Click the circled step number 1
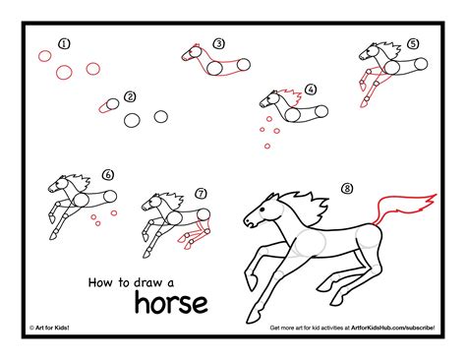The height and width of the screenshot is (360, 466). click(x=65, y=43)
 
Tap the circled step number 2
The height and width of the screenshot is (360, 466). click(x=131, y=97)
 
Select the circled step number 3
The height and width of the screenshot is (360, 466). click(x=219, y=43)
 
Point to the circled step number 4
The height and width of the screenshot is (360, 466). click(x=311, y=90)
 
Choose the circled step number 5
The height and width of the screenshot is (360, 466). click(x=413, y=43)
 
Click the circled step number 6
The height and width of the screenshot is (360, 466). click(x=108, y=175)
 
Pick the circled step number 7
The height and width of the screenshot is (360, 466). click(x=202, y=194)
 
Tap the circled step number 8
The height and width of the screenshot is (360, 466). click(x=347, y=188)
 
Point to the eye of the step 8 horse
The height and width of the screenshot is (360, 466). click(x=262, y=210)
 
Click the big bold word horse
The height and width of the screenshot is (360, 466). click(x=171, y=303)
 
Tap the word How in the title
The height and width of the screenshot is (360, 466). click(x=100, y=282)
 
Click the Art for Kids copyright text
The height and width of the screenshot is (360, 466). click(x=49, y=328)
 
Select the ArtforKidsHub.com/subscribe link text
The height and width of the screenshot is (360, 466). click(x=393, y=328)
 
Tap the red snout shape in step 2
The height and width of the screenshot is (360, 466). click(x=104, y=107)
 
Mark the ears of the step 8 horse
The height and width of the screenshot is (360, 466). click(x=272, y=197)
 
